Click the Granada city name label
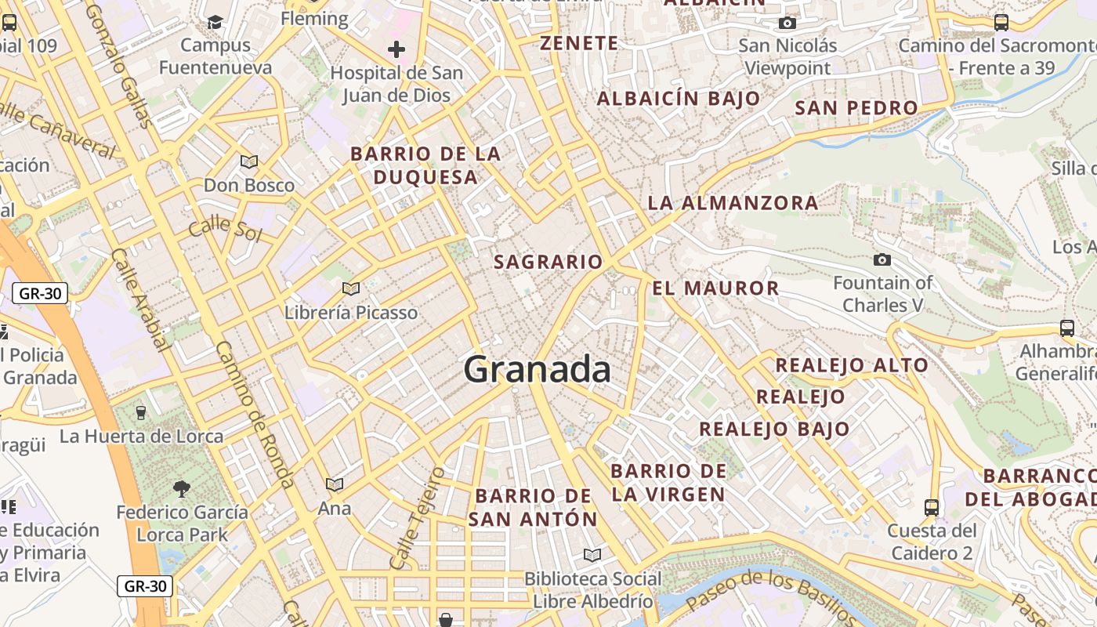coord(537,369)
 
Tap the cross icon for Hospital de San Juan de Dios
coord(396,50)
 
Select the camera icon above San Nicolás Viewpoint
coord(787,23)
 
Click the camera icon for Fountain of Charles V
coord(882,259)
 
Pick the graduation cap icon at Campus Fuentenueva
coord(215,22)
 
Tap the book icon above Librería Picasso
coord(351,289)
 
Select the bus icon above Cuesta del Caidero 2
coord(931,507)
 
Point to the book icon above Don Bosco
coord(249,162)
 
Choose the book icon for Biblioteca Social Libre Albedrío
coord(592,556)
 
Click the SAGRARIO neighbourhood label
coord(548,262)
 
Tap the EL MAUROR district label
coord(715,288)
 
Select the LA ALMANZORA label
coord(733,203)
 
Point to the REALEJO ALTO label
coord(852,365)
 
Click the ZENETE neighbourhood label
coord(579,43)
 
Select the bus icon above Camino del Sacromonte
coord(1001,23)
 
